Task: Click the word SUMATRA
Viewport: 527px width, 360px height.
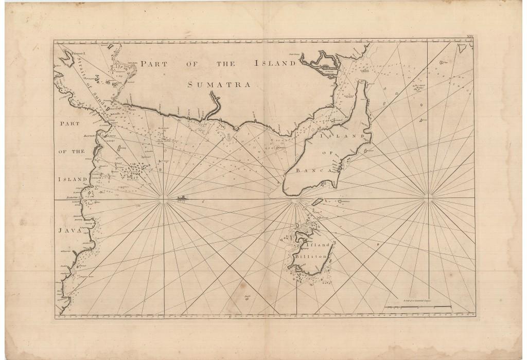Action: (x=219, y=84)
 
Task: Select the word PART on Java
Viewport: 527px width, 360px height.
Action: (x=69, y=123)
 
